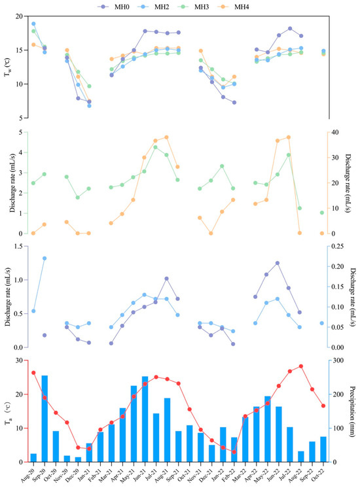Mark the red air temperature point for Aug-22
(300, 366)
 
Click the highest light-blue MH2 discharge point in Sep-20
(45, 258)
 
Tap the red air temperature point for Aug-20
(33, 373)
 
